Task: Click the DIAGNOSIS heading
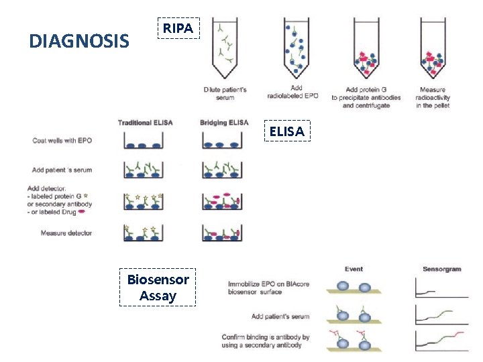(x=79, y=42)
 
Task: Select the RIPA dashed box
(x=178, y=28)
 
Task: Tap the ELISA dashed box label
(x=286, y=132)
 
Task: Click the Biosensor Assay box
(x=158, y=288)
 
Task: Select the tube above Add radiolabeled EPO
(x=297, y=50)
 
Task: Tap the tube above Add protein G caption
(x=366, y=50)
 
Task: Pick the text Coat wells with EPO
(x=62, y=141)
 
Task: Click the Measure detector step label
(x=66, y=233)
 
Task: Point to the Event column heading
(x=354, y=269)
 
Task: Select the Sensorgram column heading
(x=441, y=269)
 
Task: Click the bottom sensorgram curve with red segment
(x=441, y=340)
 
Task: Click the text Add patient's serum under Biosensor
(x=280, y=316)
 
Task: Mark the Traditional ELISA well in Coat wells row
(x=144, y=141)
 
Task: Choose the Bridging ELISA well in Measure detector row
(x=222, y=233)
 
